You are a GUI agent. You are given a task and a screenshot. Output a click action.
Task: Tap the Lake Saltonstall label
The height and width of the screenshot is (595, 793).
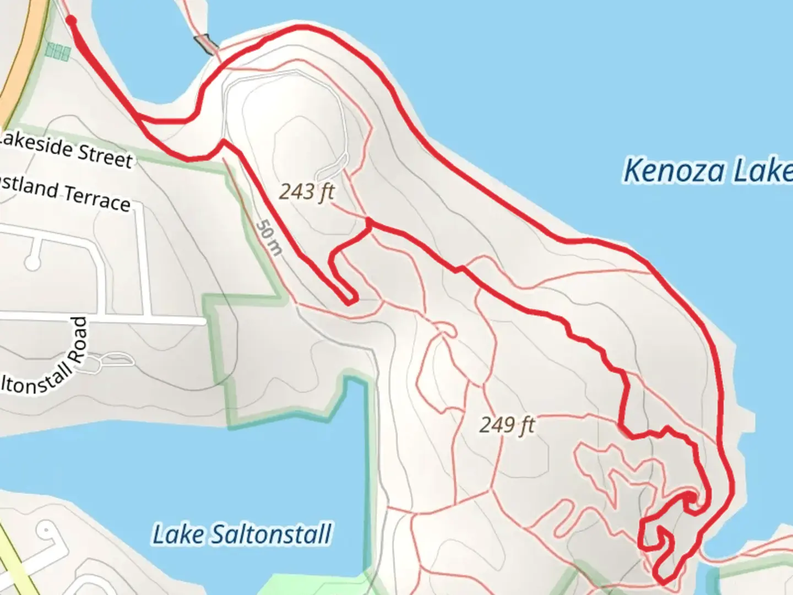pyautogui.click(x=242, y=534)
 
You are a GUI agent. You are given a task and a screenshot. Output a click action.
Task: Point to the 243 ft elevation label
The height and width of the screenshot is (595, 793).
pyautogui.click(x=307, y=192)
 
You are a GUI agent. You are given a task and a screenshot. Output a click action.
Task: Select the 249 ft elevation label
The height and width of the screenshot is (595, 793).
pyautogui.click(x=507, y=425)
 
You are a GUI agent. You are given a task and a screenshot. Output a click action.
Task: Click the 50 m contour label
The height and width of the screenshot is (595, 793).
pyautogui.click(x=269, y=238)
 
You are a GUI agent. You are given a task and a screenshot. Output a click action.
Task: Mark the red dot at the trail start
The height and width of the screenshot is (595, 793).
pyautogui.click(x=71, y=20)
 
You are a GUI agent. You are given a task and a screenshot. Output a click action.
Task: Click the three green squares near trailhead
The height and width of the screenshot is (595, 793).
pyautogui.click(x=57, y=52)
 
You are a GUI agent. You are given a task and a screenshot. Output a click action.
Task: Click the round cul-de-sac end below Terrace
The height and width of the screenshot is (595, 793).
pyautogui.click(x=32, y=263)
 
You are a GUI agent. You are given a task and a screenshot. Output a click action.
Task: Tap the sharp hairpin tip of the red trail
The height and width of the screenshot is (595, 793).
pyautogui.click(x=350, y=301)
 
